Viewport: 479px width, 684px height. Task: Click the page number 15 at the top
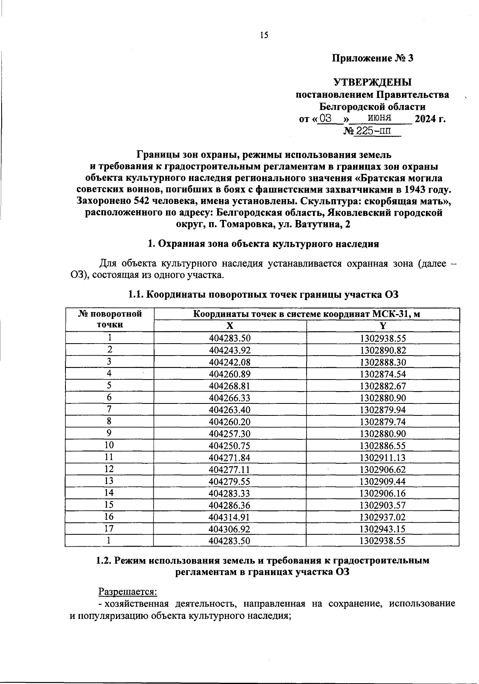pyautogui.click(x=264, y=36)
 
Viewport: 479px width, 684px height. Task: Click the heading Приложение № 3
pyautogui.click(x=372, y=58)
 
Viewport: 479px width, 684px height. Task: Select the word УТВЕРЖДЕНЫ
pyautogui.click(x=372, y=83)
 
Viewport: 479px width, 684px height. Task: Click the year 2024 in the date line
pyautogui.click(x=426, y=119)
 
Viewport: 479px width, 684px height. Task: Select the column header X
pyautogui.click(x=230, y=326)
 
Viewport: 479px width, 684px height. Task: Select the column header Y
pyautogui.click(x=382, y=326)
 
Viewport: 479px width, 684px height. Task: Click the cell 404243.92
pyautogui.click(x=230, y=350)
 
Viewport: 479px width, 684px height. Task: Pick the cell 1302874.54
pyautogui.click(x=382, y=374)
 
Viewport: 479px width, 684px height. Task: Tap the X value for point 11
pyautogui.click(x=230, y=458)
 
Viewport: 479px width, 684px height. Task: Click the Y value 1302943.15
pyautogui.click(x=382, y=529)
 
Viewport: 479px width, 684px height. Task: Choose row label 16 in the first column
pyautogui.click(x=109, y=517)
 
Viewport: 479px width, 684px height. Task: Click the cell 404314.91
pyautogui.click(x=230, y=517)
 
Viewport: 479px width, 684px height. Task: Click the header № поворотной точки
pyautogui.click(x=110, y=319)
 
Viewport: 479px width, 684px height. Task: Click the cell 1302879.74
pyautogui.click(x=382, y=422)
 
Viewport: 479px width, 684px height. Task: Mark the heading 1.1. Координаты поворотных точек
pyautogui.click(x=263, y=295)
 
